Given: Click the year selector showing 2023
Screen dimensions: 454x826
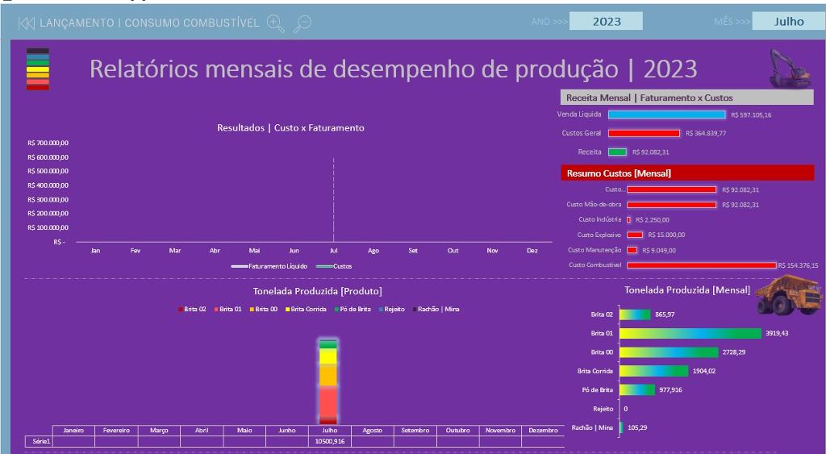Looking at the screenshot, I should click(606, 22).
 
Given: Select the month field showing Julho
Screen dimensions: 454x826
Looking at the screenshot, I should click(788, 22).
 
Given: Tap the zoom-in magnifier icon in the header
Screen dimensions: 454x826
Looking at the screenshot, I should click(275, 23).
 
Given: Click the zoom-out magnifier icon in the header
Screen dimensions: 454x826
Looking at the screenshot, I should click(302, 23).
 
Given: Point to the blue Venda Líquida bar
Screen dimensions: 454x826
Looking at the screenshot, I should click(666, 115).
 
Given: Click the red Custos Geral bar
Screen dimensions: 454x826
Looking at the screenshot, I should click(644, 133).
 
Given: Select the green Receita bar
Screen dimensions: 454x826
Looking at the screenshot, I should click(617, 152).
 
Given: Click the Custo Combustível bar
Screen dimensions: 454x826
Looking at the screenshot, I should click(701, 264).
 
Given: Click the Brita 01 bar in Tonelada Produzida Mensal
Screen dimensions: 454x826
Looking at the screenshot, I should click(690, 333).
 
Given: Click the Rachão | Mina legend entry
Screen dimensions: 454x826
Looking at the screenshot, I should click(438, 310).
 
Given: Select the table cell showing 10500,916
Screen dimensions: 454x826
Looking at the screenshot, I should click(329, 442).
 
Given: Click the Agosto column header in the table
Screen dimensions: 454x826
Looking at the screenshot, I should click(372, 431).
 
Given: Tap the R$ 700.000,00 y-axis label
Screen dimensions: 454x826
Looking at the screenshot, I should click(48, 143).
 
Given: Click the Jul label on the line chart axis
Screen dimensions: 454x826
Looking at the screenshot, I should click(333, 251).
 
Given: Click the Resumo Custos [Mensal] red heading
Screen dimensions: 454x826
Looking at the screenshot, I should click(687, 173).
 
